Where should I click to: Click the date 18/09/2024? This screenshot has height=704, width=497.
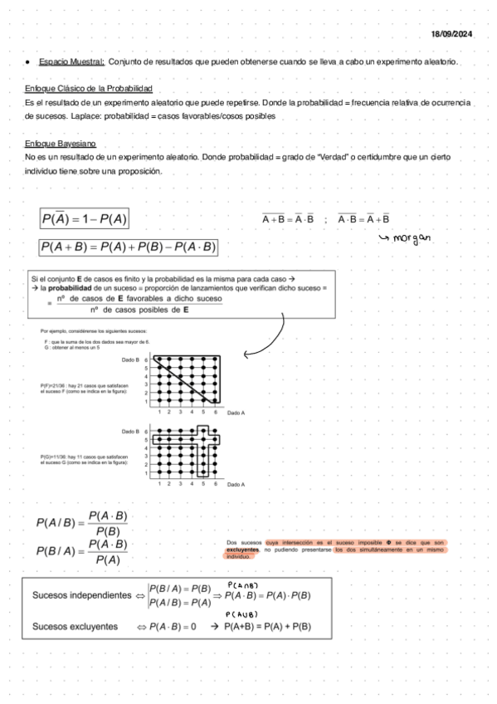coord(451,34)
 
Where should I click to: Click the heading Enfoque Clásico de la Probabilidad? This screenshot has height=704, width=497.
coord(89,89)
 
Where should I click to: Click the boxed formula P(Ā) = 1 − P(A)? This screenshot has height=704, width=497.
coord(84,219)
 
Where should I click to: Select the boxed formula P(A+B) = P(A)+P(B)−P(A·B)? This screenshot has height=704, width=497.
coord(128,247)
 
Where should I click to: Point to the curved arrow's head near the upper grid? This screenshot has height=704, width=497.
coord(246,354)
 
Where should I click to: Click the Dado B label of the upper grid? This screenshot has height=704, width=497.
coord(130,360)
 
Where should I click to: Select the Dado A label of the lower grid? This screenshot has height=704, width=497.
coord(236,484)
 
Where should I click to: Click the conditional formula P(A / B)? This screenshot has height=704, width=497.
coord(82,522)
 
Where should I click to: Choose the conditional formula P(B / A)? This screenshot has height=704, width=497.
coord(82,551)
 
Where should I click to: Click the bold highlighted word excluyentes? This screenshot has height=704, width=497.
coord(242,550)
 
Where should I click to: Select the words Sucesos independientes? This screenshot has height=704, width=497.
coord(82,595)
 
